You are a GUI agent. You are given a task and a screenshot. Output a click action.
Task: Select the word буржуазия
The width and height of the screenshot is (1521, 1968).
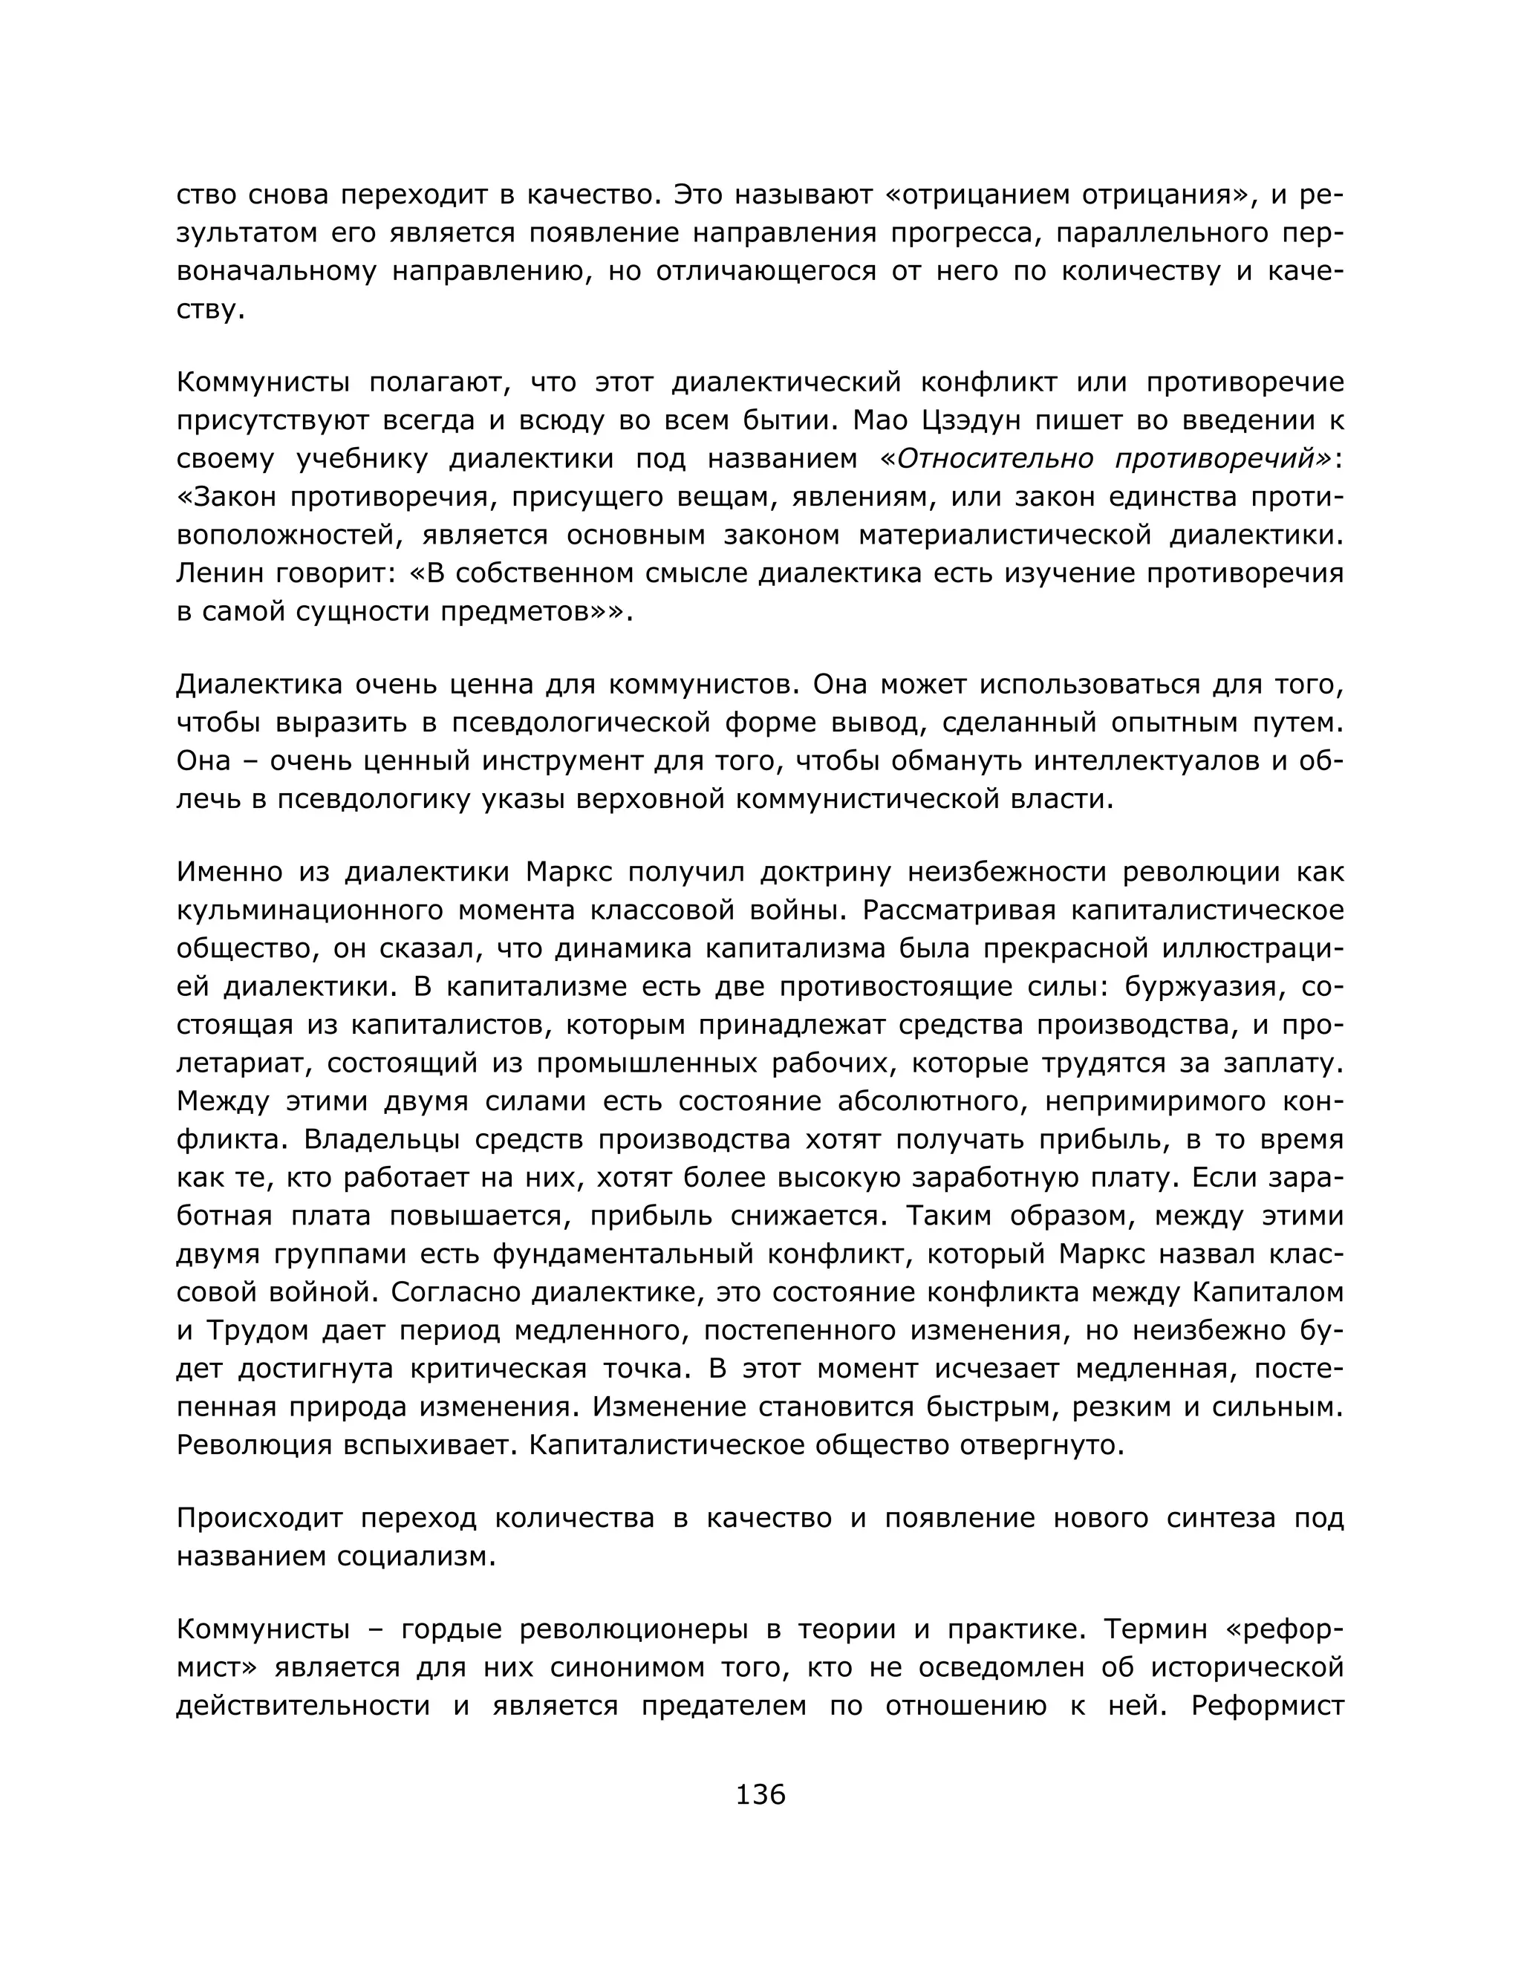[1197, 987]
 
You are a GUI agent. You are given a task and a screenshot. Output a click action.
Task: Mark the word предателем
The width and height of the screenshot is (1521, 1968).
[723, 1706]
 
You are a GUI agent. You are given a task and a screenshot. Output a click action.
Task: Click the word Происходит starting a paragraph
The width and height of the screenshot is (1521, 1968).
[259, 1519]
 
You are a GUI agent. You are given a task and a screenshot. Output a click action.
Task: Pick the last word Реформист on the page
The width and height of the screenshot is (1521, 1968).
[1267, 1706]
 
